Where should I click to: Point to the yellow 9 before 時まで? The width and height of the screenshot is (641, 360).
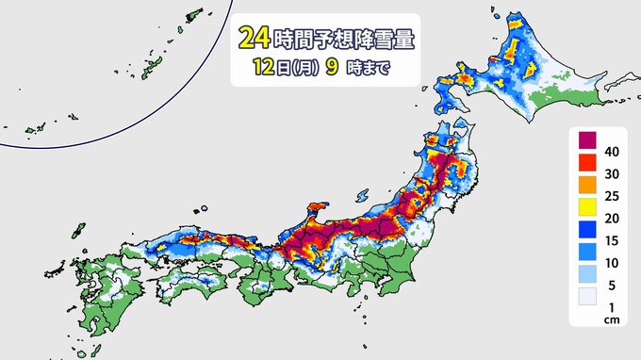pyautogui.click(x=337, y=68)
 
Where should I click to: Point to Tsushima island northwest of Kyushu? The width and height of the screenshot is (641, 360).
pyautogui.click(x=76, y=230)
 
